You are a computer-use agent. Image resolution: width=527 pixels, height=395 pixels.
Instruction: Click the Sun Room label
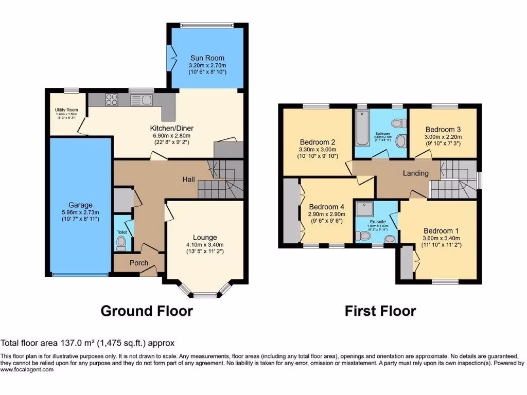tap(207, 58)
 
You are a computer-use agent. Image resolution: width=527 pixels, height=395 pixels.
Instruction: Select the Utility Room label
tap(66, 110)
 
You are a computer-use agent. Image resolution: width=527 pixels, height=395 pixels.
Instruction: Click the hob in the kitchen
tap(112, 99)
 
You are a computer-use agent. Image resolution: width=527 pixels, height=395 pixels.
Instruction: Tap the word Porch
tap(138, 263)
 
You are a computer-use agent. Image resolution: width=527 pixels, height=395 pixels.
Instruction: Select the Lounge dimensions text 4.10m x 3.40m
tap(205, 245)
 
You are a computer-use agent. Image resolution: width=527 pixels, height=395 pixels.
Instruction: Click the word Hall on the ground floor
tap(188, 179)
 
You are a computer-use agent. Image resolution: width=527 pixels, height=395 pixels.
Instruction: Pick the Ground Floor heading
tap(147, 311)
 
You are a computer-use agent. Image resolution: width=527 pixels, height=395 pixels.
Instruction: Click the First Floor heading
tap(380, 311)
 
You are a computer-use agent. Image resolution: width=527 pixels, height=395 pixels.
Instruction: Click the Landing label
tap(415, 173)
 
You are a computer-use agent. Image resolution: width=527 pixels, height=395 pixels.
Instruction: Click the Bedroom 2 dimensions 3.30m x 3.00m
tap(318, 150)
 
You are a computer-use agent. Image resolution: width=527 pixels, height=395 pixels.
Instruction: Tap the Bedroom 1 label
tap(441, 231)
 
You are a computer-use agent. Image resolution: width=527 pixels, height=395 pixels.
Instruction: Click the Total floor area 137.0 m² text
tap(88, 343)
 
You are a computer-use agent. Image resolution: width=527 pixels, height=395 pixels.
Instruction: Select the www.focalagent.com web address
tap(27, 369)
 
